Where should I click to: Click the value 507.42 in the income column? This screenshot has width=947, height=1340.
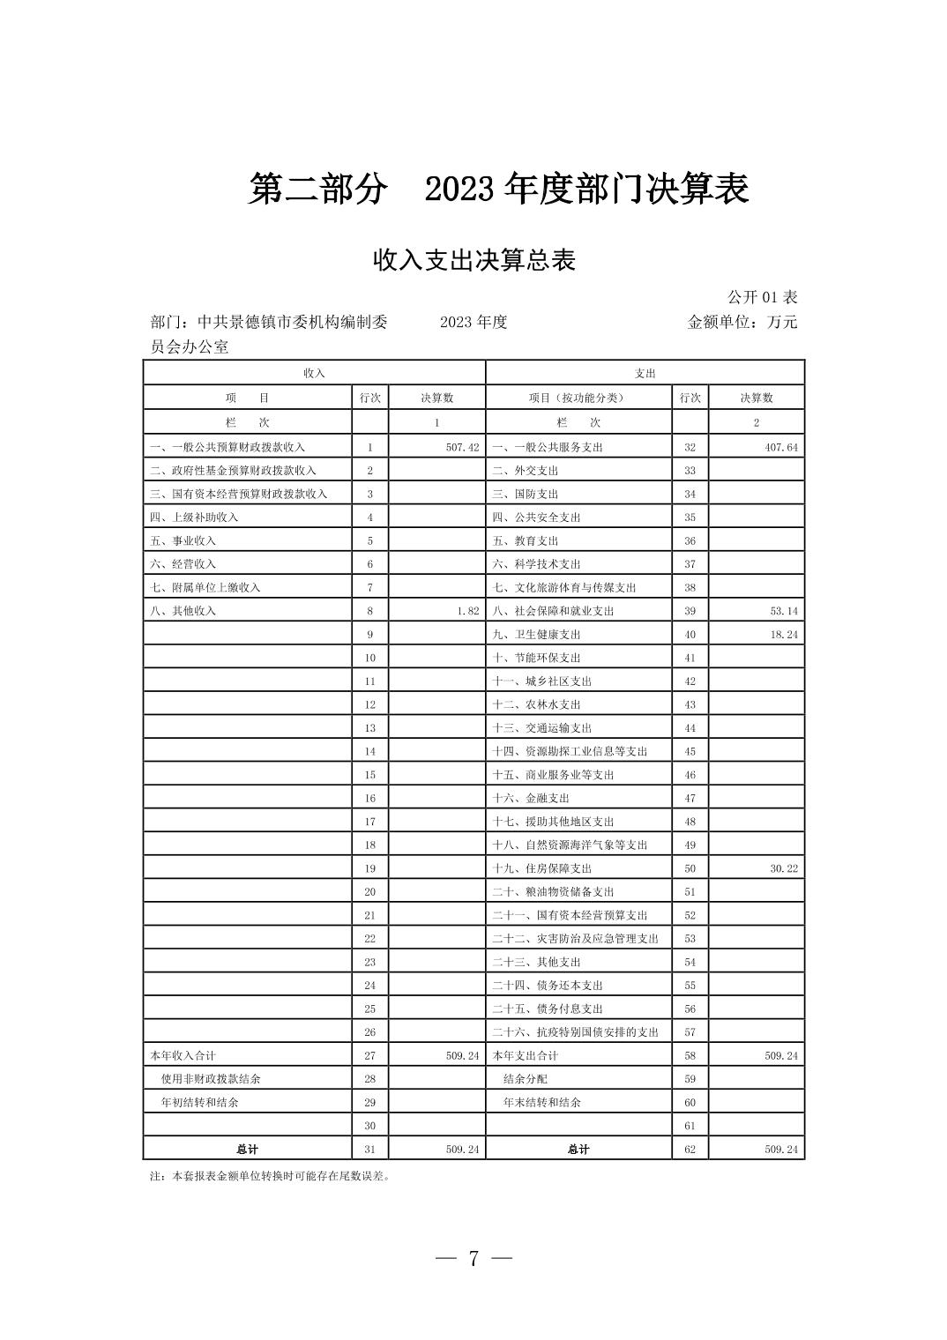tap(462, 447)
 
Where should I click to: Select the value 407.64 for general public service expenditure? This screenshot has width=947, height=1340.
tap(781, 447)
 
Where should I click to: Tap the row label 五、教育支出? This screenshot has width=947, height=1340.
tap(526, 540)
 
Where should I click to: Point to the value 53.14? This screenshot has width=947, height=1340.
tap(784, 611)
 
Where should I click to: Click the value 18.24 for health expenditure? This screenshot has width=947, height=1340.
tap(784, 634)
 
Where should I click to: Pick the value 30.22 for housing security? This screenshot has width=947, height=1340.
tap(784, 868)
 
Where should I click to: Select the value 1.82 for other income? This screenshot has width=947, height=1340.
tap(468, 611)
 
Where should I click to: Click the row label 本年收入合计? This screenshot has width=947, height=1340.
tap(183, 1055)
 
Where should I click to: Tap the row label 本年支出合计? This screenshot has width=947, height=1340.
tap(525, 1055)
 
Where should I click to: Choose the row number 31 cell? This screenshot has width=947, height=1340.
tap(369, 1149)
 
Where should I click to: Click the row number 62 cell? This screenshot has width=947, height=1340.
tap(690, 1149)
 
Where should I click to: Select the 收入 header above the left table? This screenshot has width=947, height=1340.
tap(314, 373)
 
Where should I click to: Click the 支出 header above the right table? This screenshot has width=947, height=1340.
tap(645, 373)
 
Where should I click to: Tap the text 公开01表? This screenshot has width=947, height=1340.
tap(762, 298)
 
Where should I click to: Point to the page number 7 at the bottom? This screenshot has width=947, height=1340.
tap(473, 1259)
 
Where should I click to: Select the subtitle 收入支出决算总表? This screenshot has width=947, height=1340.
tap(474, 260)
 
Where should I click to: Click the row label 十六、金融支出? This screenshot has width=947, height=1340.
tap(531, 798)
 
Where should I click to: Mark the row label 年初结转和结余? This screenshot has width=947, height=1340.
tap(199, 1102)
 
